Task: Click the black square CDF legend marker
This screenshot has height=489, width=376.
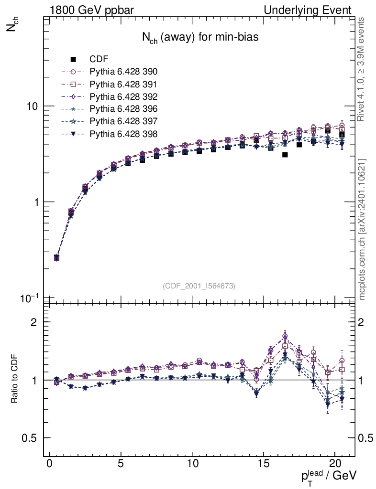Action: pos(73,59)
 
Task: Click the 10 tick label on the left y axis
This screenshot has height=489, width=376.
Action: pos(33,106)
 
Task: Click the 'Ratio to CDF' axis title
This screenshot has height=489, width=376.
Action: pos(14,380)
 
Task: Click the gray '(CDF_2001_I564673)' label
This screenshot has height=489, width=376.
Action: pos(199,286)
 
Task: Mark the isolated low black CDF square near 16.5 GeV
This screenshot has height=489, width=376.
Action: pos(285,155)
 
